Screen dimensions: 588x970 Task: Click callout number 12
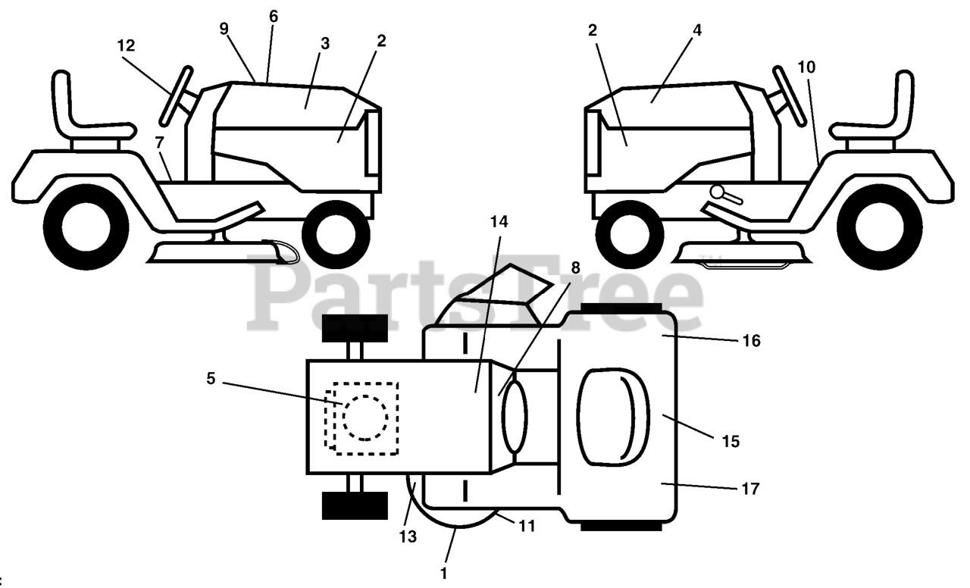point(126,45)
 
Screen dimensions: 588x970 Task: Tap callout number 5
point(211,377)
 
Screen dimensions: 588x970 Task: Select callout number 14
point(499,222)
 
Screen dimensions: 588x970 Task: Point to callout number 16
point(751,341)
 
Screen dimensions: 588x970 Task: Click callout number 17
point(751,489)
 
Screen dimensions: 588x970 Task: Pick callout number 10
point(806,67)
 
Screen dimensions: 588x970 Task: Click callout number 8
point(575,267)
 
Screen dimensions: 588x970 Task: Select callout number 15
point(730,440)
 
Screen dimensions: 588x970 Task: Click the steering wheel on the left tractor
point(176,95)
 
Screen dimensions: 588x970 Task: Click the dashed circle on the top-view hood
point(365,417)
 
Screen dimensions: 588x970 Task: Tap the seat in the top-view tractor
point(614,416)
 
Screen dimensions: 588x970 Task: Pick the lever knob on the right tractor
point(715,192)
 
